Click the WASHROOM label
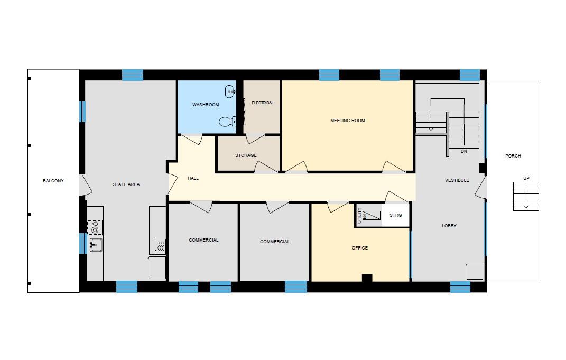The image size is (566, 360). pyautogui.click(x=206, y=105)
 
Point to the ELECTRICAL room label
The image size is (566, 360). pyautogui.click(x=263, y=103)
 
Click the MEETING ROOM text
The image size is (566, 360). pyautogui.click(x=347, y=121)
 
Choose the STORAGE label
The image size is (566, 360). pyautogui.click(x=246, y=155)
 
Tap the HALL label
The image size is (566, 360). pyautogui.click(x=193, y=178)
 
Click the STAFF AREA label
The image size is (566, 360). pyautogui.click(x=126, y=184)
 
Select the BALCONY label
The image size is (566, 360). pyautogui.click(x=53, y=181)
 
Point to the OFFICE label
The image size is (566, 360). pyautogui.click(x=360, y=248)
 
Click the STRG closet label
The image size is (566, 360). pyautogui.click(x=395, y=215)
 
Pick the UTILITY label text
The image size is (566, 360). pyautogui.click(x=359, y=216)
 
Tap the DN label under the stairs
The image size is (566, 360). pyautogui.click(x=463, y=151)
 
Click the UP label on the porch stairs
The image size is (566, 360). pyautogui.click(x=526, y=178)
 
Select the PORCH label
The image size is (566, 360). pyautogui.click(x=513, y=156)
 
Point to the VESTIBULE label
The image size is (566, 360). pyautogui.click(x=457, y=180)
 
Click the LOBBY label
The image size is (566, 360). pyautogui.click(x=449, y=226)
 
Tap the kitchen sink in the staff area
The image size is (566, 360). pyautogui.click(x=96, y=245)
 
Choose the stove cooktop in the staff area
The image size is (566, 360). pyautogui.click(x=95, y=227)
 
